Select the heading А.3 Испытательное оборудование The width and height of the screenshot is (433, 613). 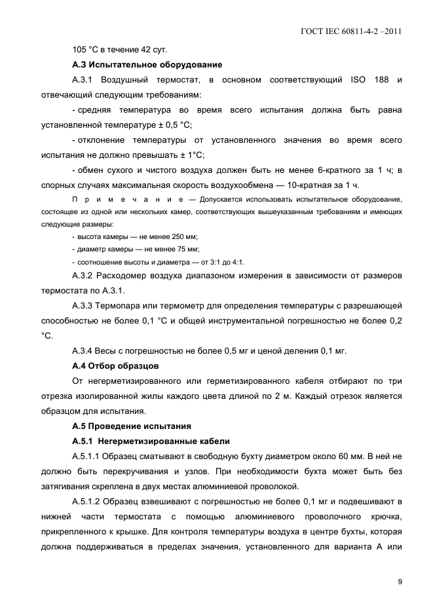pyautogui.click(x=147, y=65)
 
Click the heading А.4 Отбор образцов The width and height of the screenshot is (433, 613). pyautogui.click(x=115, y=365)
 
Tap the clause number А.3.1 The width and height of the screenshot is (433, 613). pyautogui.click(x=84, y=80)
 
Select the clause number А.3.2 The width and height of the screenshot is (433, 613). pyautogui.click(x=84, y=276)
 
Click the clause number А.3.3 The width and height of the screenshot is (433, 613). pyautogui.click(x=84, y=306)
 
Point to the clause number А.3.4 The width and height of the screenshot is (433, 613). pyautogui.click(x=84, y=350)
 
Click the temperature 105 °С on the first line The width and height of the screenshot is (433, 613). pyautogui.click(x=85, y=50)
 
